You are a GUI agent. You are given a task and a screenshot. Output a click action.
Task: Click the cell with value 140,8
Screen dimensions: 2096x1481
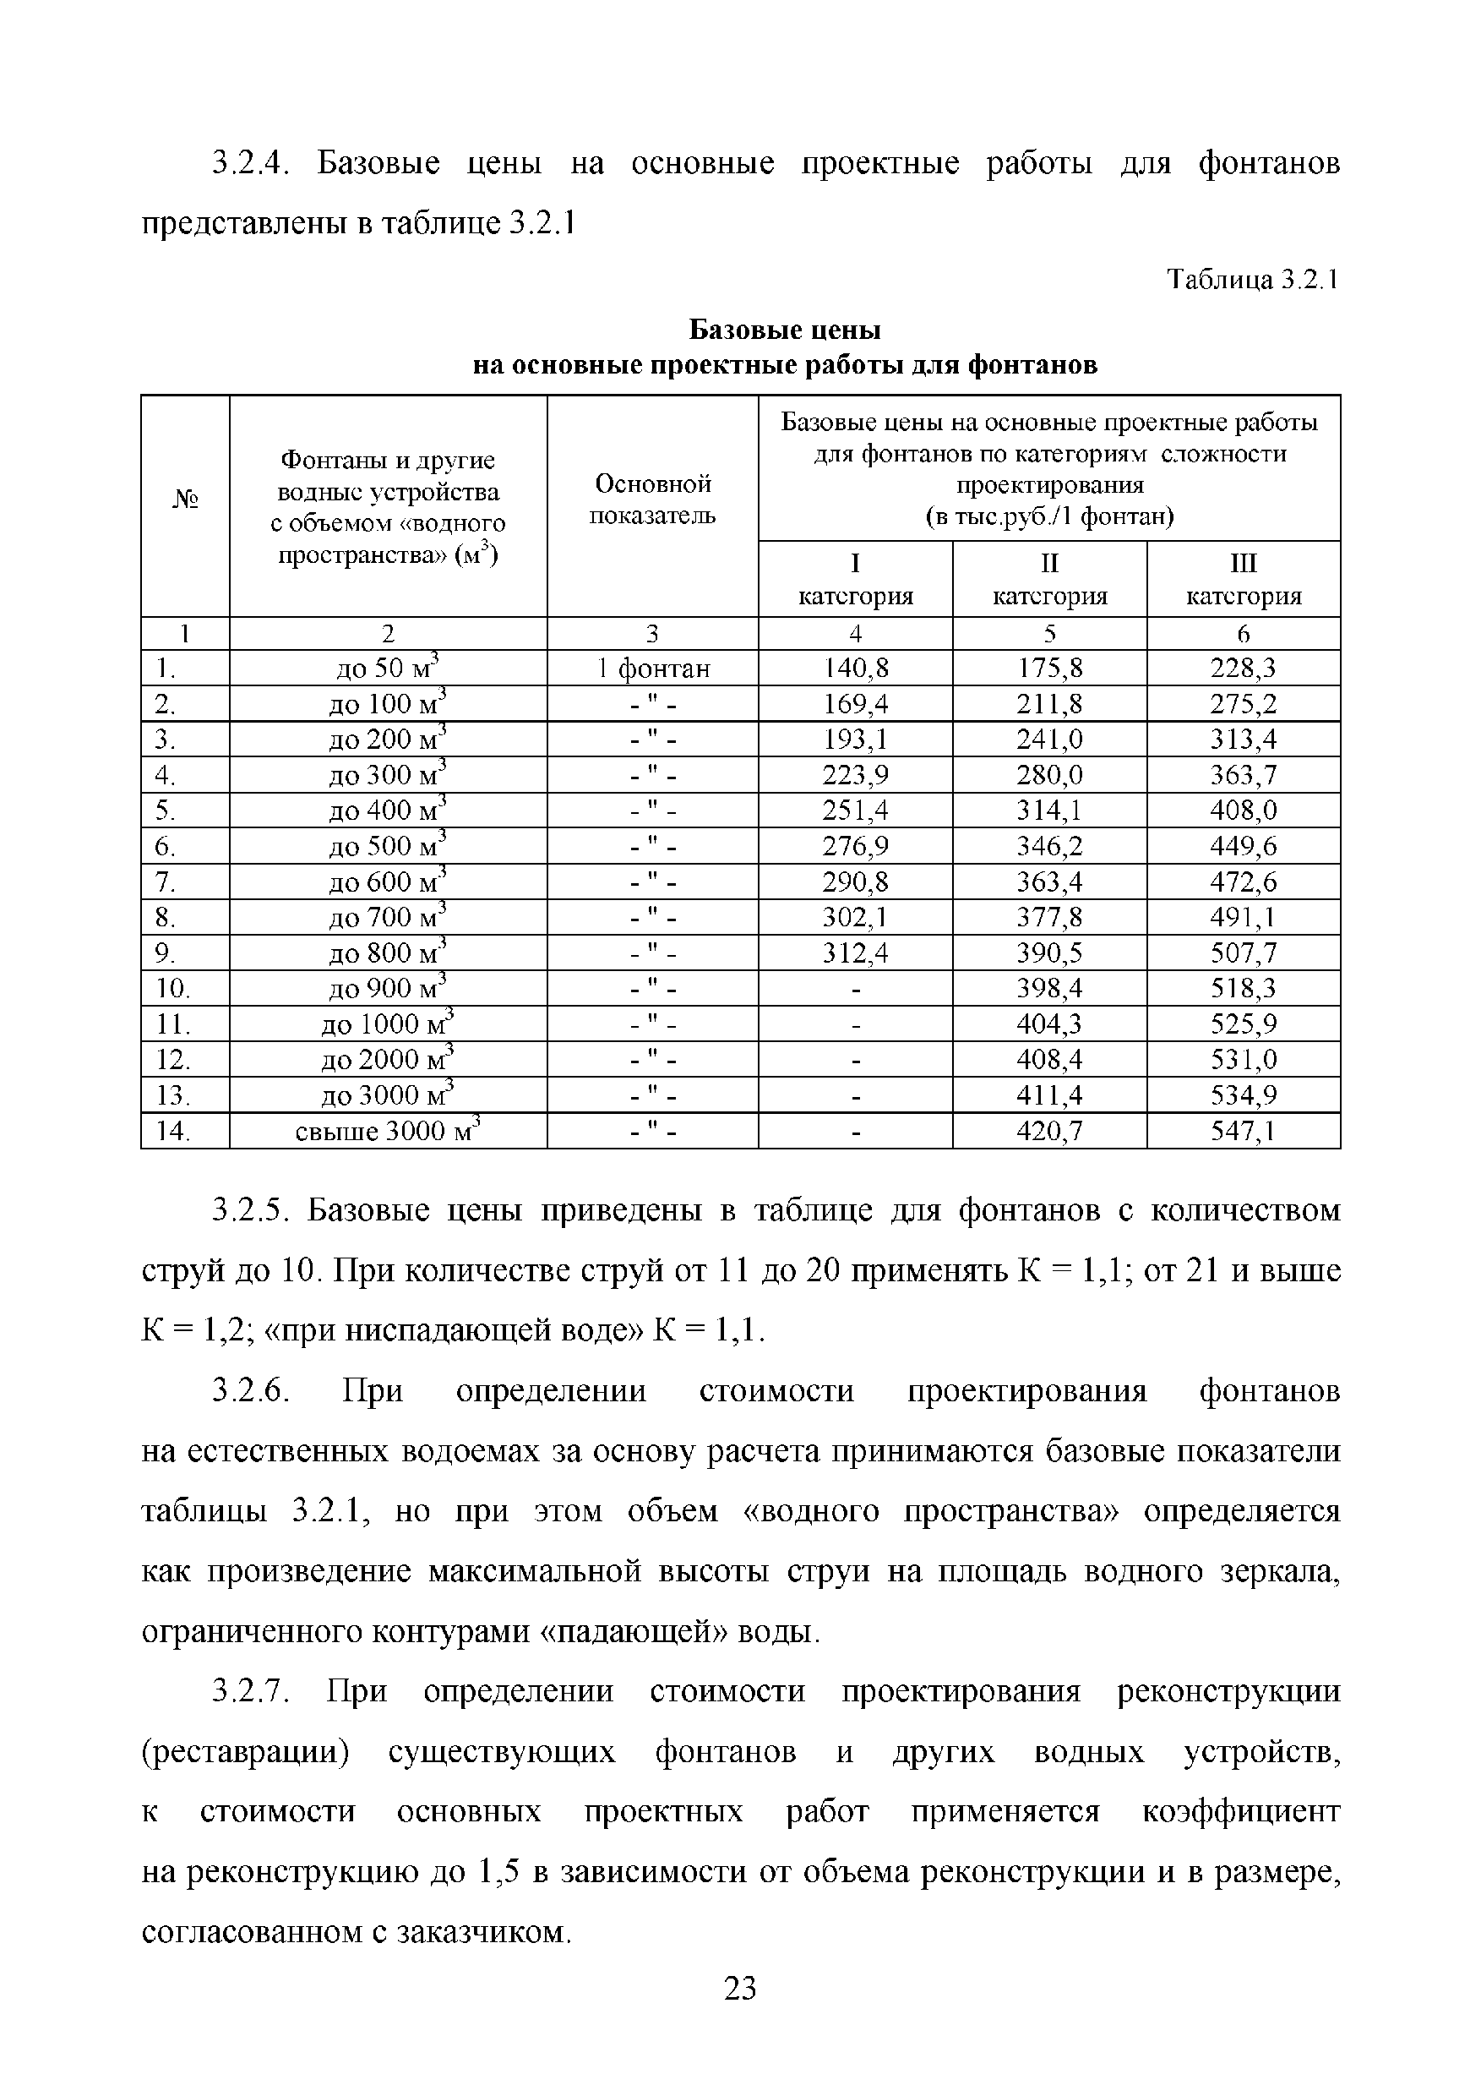click(x=855, y=669)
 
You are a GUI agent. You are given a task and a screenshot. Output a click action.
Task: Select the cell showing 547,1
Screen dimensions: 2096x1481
click(x=1243, y=1131)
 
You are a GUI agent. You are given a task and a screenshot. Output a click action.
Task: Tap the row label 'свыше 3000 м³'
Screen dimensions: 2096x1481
click(x=388, y=1131)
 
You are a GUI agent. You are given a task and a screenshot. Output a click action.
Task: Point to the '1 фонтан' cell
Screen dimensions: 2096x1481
click(x=652, y=669)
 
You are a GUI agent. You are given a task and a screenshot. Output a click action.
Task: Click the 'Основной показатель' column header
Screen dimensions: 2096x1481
click(x=652, y=499)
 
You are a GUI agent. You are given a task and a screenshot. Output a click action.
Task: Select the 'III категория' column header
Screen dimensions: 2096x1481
click(x=1243, y=580)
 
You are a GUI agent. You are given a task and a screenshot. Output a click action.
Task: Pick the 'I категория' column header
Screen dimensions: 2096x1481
click(x=855, y=580)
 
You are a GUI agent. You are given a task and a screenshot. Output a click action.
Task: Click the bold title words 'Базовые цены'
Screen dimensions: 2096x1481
click(x=784, y=329)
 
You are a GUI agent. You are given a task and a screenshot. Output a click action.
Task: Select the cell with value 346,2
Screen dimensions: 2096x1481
click(x=1049, y=846)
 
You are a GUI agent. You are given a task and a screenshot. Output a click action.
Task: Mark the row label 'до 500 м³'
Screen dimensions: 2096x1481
click(x=388, y=846)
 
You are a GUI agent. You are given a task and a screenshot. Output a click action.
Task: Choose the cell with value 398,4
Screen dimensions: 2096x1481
click(x=1049, y=989)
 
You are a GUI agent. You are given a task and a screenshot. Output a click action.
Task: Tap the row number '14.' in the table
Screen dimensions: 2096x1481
click(x=172, y=1131)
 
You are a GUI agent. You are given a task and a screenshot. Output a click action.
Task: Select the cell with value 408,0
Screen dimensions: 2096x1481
click(x=1243, y=811)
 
